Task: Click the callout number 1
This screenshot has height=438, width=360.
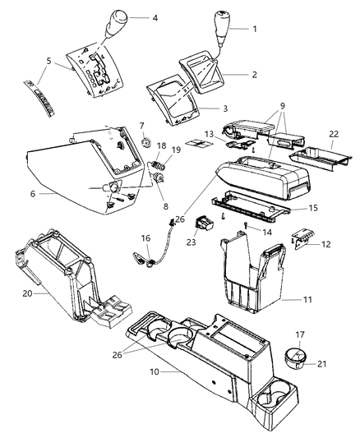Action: click(255, 30)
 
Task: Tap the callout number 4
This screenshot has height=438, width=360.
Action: click(155, 16)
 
